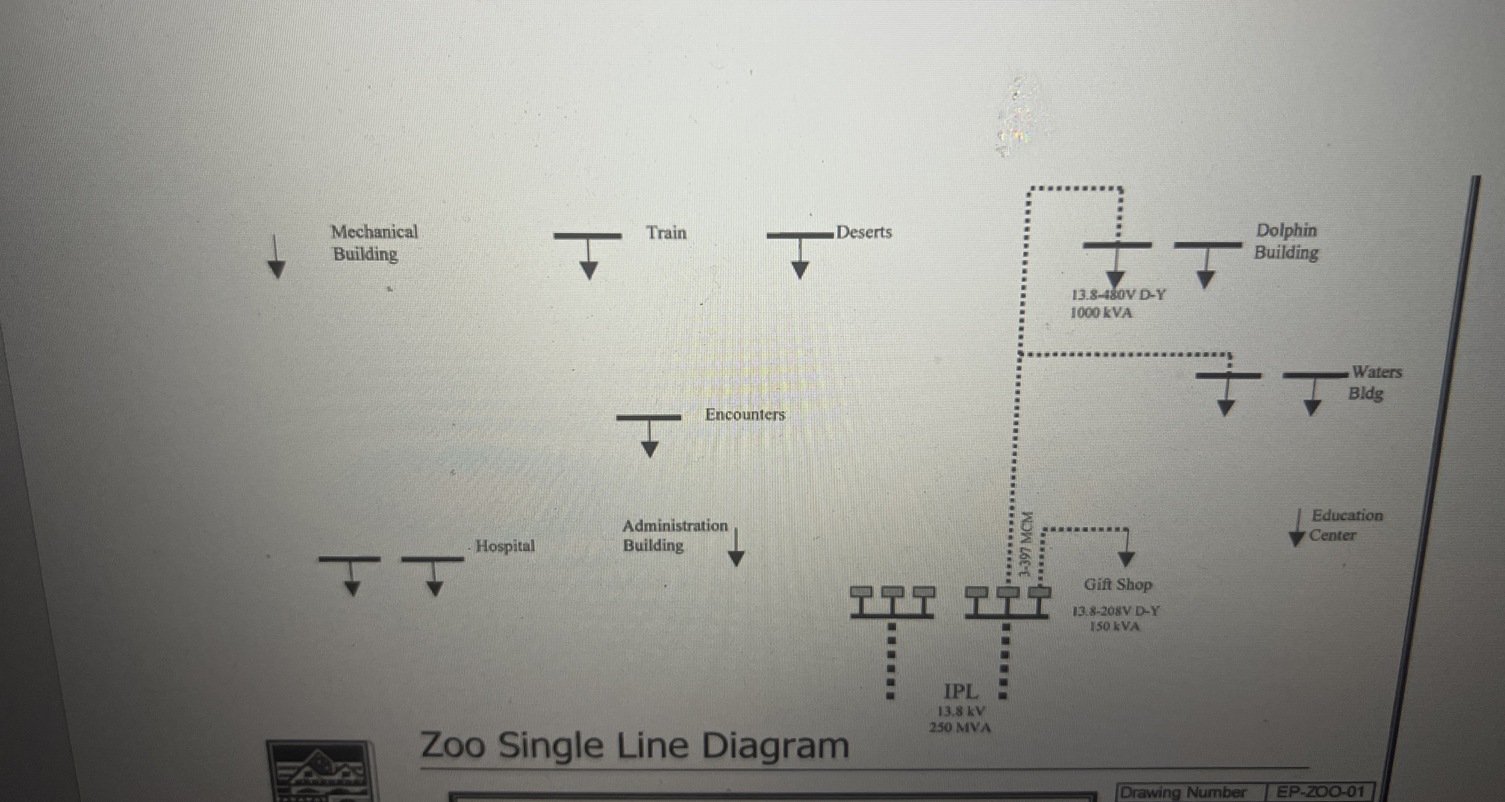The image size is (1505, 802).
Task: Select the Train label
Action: pos(666,233)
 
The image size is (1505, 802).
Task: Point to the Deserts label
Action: pos(864,232)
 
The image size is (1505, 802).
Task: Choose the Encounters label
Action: pos(745,414)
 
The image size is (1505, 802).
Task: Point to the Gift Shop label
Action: pos(1118,585)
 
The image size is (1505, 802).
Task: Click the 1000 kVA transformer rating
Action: pos(1101,313)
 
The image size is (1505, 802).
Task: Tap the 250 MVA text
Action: pos(960,728)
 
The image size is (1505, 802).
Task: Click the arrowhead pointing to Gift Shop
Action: pos(1126,559)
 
